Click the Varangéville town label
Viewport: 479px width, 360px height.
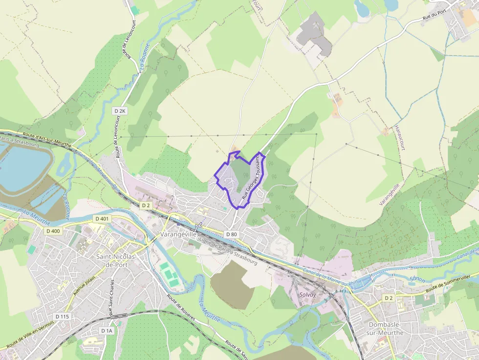point(178,235)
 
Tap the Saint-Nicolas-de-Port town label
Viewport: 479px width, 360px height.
point(116,260)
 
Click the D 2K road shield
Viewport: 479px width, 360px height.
point(120,111)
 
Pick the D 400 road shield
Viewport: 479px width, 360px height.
point(54,231)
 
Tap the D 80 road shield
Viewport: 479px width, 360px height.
point(232,234)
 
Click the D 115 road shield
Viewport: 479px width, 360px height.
point(62,317)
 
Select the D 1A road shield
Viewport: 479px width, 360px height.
point(107,331)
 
